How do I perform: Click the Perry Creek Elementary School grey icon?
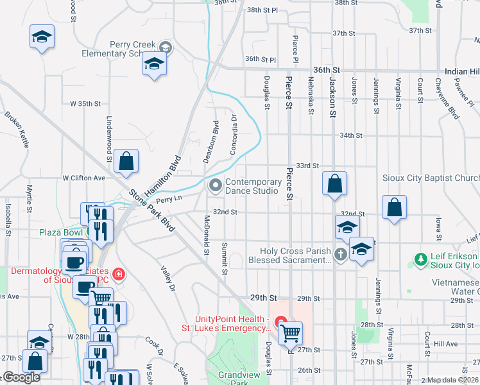point(166,47)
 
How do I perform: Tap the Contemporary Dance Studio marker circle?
point(215,186)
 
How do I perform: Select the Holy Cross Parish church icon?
point(340,255)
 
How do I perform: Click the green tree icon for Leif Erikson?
point(421,260)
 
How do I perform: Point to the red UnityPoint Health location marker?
point(280,321)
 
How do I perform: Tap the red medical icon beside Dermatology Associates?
point(117,275)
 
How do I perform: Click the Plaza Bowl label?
point(61,232)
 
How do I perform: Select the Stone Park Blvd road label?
point(151,210)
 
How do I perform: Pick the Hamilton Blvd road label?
point(163,175)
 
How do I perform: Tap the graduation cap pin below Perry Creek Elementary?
point(154,64)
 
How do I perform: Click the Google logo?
point(21,377)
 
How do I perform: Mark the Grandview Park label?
point(231,375)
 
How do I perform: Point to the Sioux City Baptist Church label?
point(436,178)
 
